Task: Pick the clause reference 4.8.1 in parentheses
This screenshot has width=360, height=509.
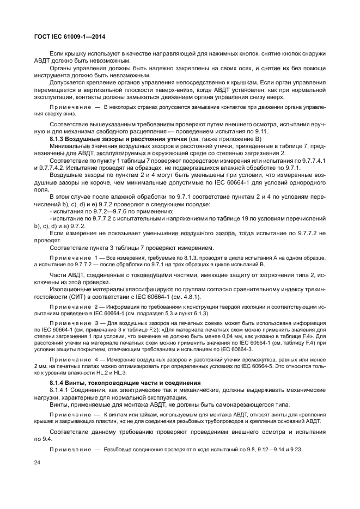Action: (x=188, y=297)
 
